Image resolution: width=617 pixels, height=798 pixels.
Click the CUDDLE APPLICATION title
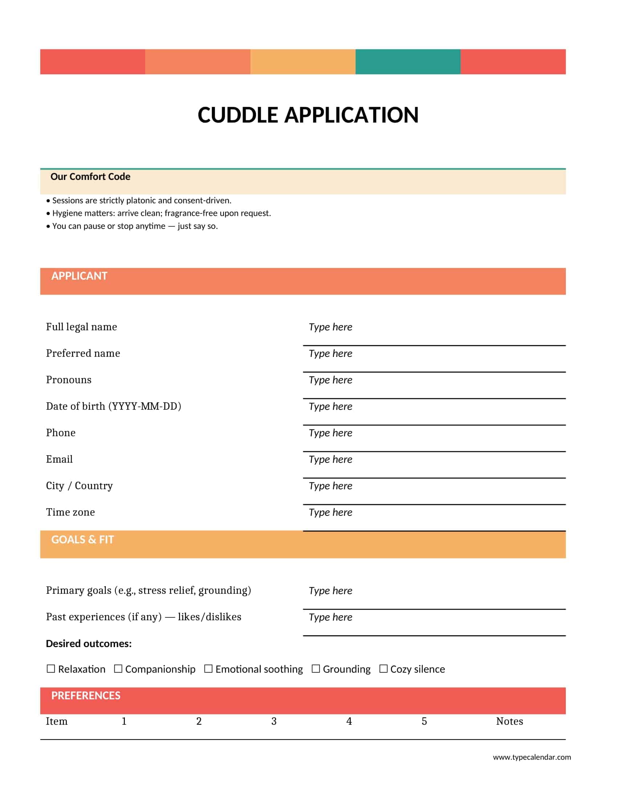(308, 115)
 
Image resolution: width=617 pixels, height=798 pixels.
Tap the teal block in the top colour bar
(408, 62)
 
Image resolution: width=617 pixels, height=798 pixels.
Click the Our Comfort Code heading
(90, 177)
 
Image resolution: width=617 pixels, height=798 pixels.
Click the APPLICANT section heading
(79, 276)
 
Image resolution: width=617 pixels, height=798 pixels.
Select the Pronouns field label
(69, 380)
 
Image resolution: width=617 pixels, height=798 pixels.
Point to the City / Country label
(79, 486)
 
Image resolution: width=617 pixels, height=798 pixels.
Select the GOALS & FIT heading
(83, 540)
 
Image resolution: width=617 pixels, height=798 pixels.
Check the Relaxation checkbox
(51, 669)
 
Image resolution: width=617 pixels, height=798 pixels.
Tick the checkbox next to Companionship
(118, 669)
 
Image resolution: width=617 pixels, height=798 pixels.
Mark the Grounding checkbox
(316, 669)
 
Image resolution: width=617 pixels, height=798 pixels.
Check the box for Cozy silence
(383, 669)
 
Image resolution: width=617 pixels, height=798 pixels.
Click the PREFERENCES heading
(86, 696)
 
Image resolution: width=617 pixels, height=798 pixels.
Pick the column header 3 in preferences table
(274, 721)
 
